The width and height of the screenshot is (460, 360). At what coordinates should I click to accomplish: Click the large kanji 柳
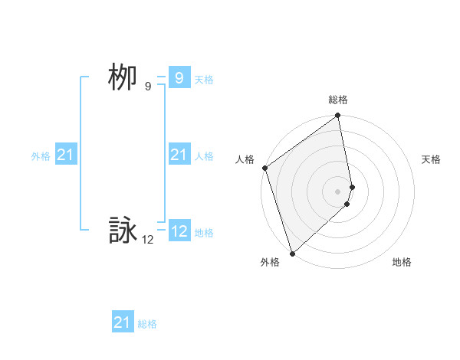pyautogui.click(x=123, y=77)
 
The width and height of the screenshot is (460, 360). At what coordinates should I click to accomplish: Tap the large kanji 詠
pyautogui.click(x=123, y=231)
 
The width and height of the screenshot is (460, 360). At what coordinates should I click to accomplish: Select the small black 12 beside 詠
pyautogui.click(x=147, y=240)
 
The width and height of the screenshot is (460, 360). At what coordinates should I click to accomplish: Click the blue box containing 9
pyautogui.click(x=179, y=78)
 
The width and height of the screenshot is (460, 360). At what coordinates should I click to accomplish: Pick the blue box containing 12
pyautogui.click(x=179, y=231)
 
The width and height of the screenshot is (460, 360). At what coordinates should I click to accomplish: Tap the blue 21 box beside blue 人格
pyautogui.click(x=179, y=155)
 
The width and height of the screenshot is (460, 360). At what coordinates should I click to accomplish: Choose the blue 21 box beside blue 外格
pyautogui.click(x=65, y=155)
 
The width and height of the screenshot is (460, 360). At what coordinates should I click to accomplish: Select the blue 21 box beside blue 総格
pyautogui.click(x=122, y=322)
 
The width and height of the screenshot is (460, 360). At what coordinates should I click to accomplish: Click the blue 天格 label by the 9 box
pyautogui.click(x=204, y=80)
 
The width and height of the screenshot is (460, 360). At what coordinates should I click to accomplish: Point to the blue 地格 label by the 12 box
pyautogui.click(x=204, y=233)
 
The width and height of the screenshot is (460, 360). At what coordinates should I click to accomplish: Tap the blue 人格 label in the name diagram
pyautogui.click(x=204, y=156)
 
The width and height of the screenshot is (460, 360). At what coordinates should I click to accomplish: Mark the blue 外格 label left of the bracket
pyautogui.click(x=41, y=156)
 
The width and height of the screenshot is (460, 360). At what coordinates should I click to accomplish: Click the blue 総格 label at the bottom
pyautogui.click(x=147, y=324)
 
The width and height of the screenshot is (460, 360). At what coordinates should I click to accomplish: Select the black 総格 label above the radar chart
pyautogui.click(x=338, y=100)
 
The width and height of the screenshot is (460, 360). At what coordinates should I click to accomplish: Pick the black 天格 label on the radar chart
pyautogui.click(x=432, y=159)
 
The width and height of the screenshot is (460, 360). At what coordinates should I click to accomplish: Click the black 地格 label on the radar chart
pyautogui.click(x=402, y=262)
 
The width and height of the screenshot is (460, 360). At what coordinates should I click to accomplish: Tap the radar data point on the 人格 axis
pyautogui.click(x=264, y=168)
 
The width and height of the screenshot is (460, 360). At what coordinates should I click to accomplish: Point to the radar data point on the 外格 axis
pyautogui.click(x=292, y=253)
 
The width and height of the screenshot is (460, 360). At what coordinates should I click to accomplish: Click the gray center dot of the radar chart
pyautogui.click(x=338, y=191)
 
